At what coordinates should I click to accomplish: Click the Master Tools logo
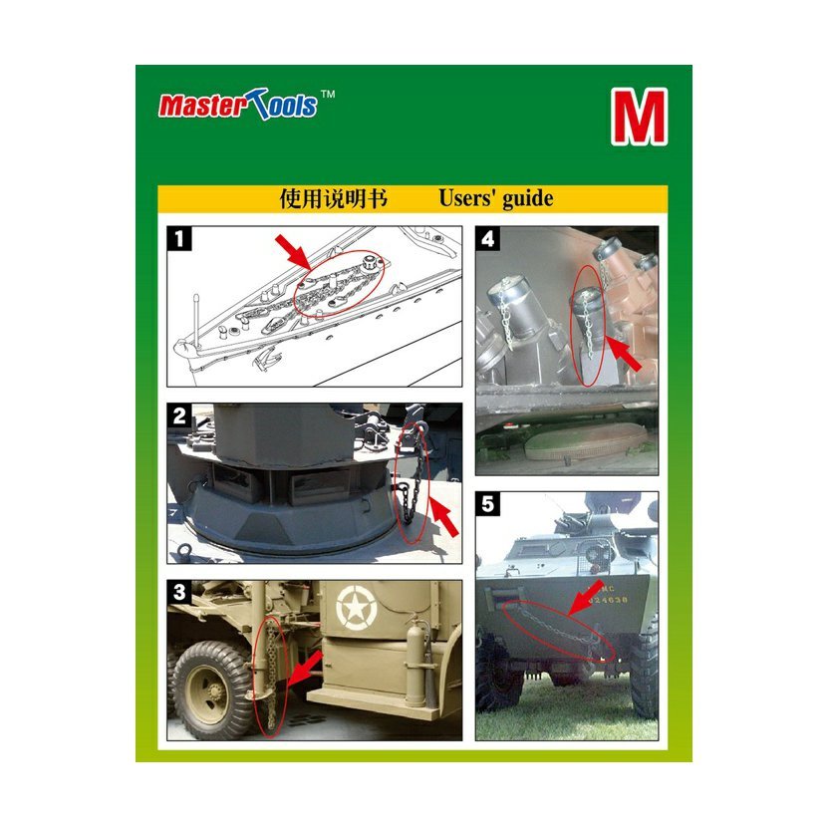point(238,104)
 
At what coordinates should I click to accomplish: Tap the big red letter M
point(640,117)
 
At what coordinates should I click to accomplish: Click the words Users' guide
point(496,199)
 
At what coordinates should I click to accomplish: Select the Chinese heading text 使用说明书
point(334,199)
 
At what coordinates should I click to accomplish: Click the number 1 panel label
point(179,238)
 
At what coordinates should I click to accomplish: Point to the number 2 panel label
point(179,415)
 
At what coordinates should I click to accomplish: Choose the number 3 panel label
point(179,592)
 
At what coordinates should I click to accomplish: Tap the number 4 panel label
point(488,238)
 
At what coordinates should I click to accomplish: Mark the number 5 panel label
point(488,504)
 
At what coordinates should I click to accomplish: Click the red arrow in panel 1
point(293,252)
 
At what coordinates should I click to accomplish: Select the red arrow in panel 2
point(443,516)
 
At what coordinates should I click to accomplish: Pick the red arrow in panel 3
point(306,668)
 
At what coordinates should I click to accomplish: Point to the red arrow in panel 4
point(624,353)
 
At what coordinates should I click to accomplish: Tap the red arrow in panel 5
point(586,598)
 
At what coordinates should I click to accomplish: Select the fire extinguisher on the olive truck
point(414,661)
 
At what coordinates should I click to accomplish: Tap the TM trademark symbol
point(328,95)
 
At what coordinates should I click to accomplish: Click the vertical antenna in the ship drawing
point(197,320)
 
